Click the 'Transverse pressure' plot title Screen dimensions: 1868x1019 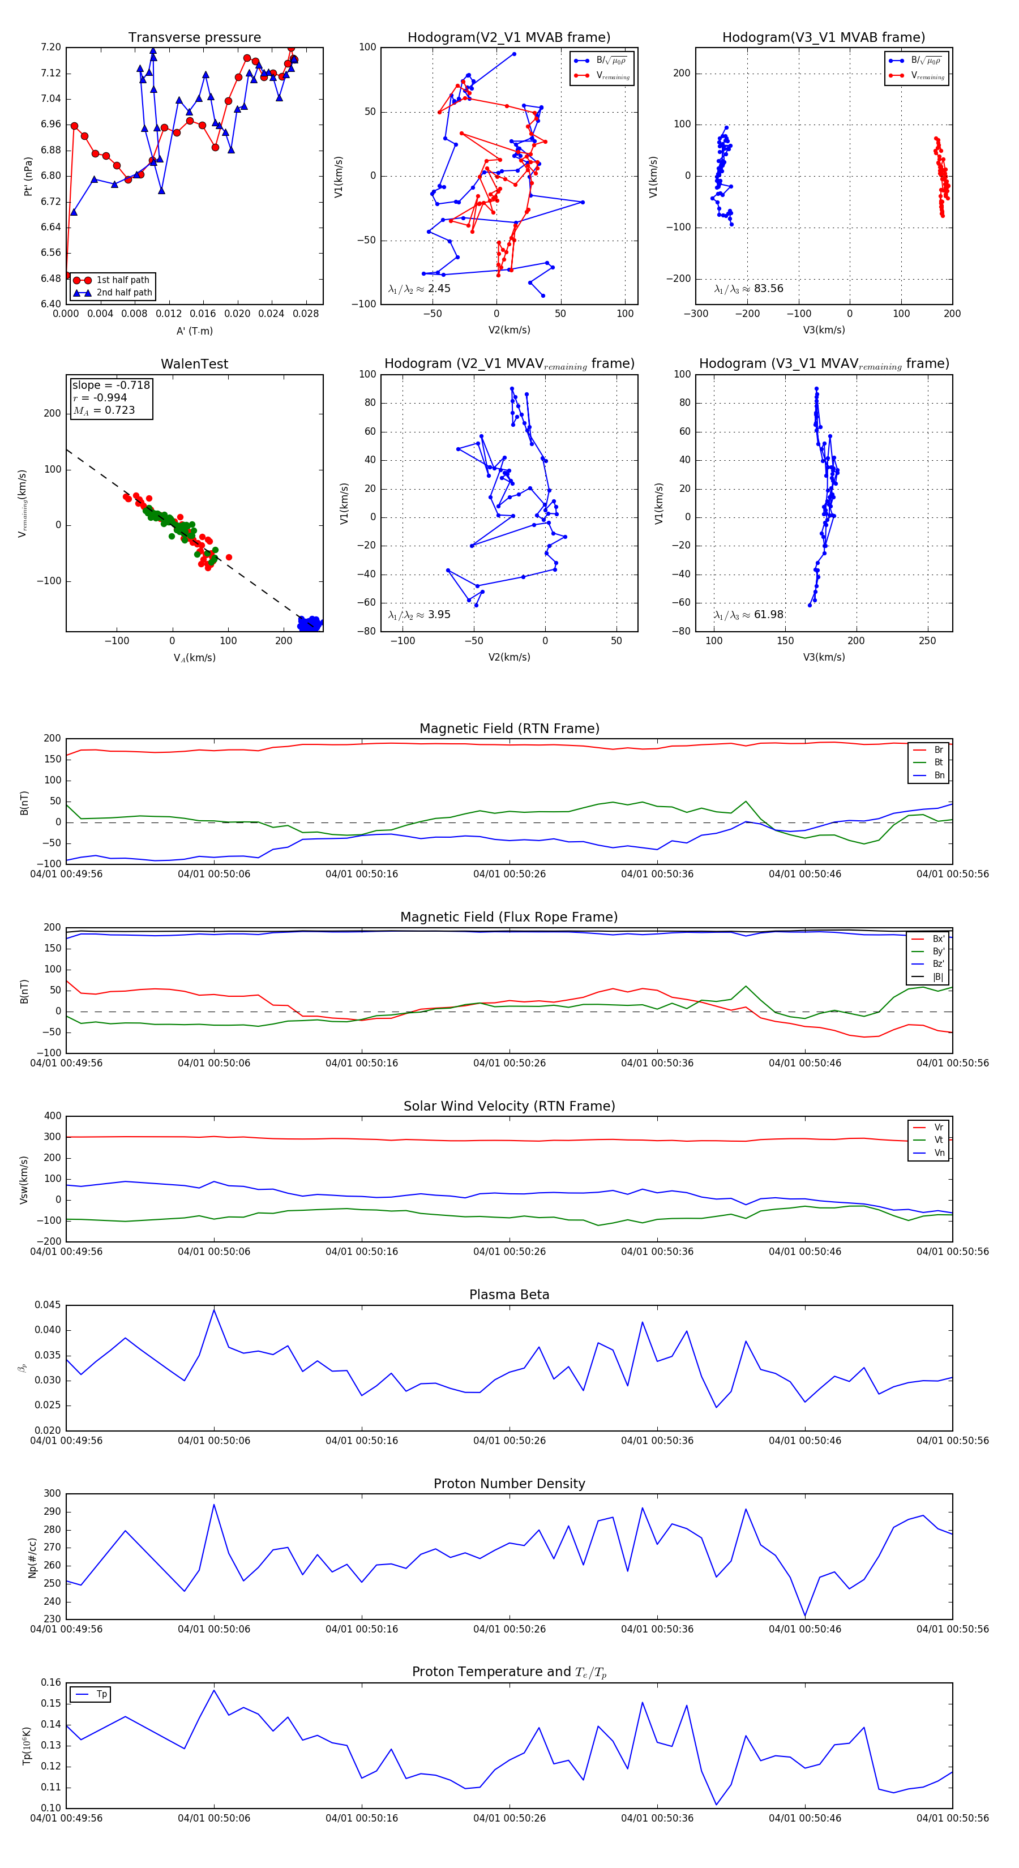(x=194, y=38)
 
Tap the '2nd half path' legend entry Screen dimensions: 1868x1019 (x=124, y=293)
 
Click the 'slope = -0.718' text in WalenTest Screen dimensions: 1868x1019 (x=111, y=385)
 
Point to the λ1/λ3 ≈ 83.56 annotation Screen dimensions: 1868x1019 (x=748, y=289)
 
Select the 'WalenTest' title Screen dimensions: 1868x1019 (x=194, y=364)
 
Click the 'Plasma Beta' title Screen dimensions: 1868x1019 (x=509, y=1295)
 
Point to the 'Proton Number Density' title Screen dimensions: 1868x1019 (x=509, y=1484)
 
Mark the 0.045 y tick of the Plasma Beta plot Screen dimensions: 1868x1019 (x=48, y=1305)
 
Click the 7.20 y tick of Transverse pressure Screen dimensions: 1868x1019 (x=51, y=47)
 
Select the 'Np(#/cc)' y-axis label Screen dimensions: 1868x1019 (x=32, y=1558)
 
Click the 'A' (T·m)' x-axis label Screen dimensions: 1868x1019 (x=194, y=331)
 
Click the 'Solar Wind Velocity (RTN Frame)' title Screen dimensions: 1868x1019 (x=509, y=1106)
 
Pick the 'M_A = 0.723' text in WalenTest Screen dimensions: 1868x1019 (x=104, y=410)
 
